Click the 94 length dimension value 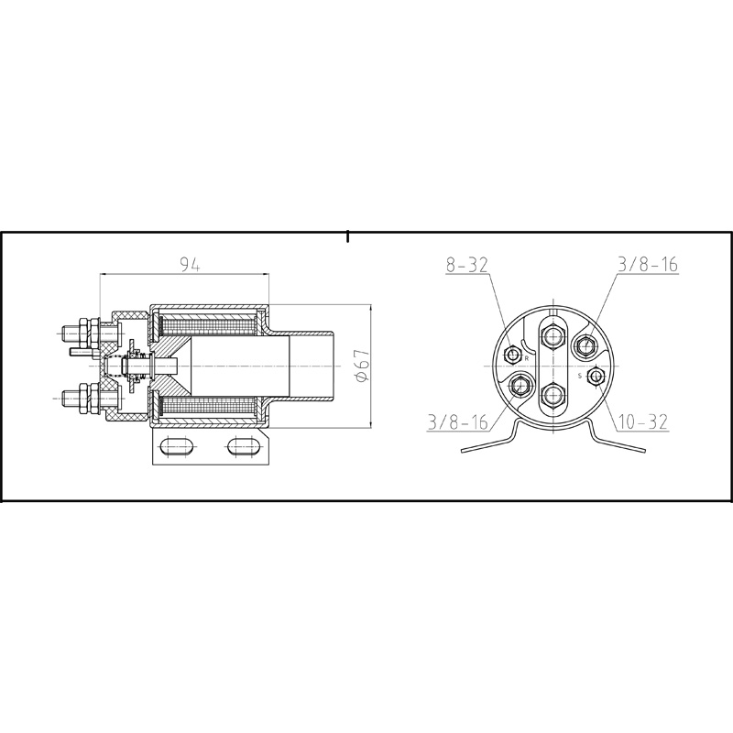tap(190, 265)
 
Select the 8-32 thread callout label tap(467, 265)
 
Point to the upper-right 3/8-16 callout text tap(647, 265)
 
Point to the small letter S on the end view tap(579, 376)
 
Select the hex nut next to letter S tap(596, 376)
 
